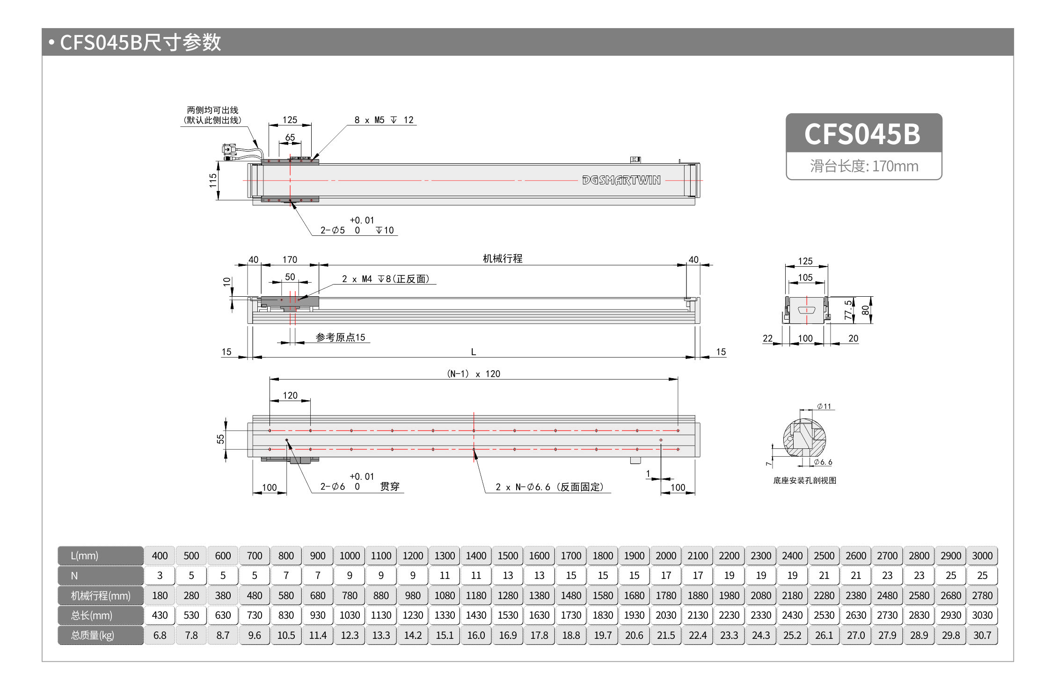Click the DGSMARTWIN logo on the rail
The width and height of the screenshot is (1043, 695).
click(x=621, y=180)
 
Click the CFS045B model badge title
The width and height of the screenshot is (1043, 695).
click(x=862, y=134)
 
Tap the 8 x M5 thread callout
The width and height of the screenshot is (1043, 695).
click(x=384, y=120)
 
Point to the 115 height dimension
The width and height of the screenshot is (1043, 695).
click(x=213, y=180)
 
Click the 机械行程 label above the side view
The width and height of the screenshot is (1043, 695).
click(x=502, y=259)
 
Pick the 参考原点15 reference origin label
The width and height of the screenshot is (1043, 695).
click(x=340, y=337)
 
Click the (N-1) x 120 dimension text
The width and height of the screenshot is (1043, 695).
click(x=473, y=374)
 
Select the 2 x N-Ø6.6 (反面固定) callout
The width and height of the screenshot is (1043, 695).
click(x=549, y=487)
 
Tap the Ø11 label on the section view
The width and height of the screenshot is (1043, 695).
click(x=824, y=406)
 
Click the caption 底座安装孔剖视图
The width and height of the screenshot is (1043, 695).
click(x=804, y=481)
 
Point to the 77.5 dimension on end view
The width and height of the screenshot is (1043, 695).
click(x=848, y=310)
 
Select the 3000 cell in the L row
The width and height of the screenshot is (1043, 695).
click(x=982, y=556)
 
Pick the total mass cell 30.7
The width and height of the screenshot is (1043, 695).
click(x=982, y=635)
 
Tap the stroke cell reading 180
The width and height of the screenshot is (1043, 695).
click(x=160, y=595)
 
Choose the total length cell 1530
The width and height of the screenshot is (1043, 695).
click(x=508, y=615)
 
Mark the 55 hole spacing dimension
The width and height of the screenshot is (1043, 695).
click(x=220, y=439)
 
